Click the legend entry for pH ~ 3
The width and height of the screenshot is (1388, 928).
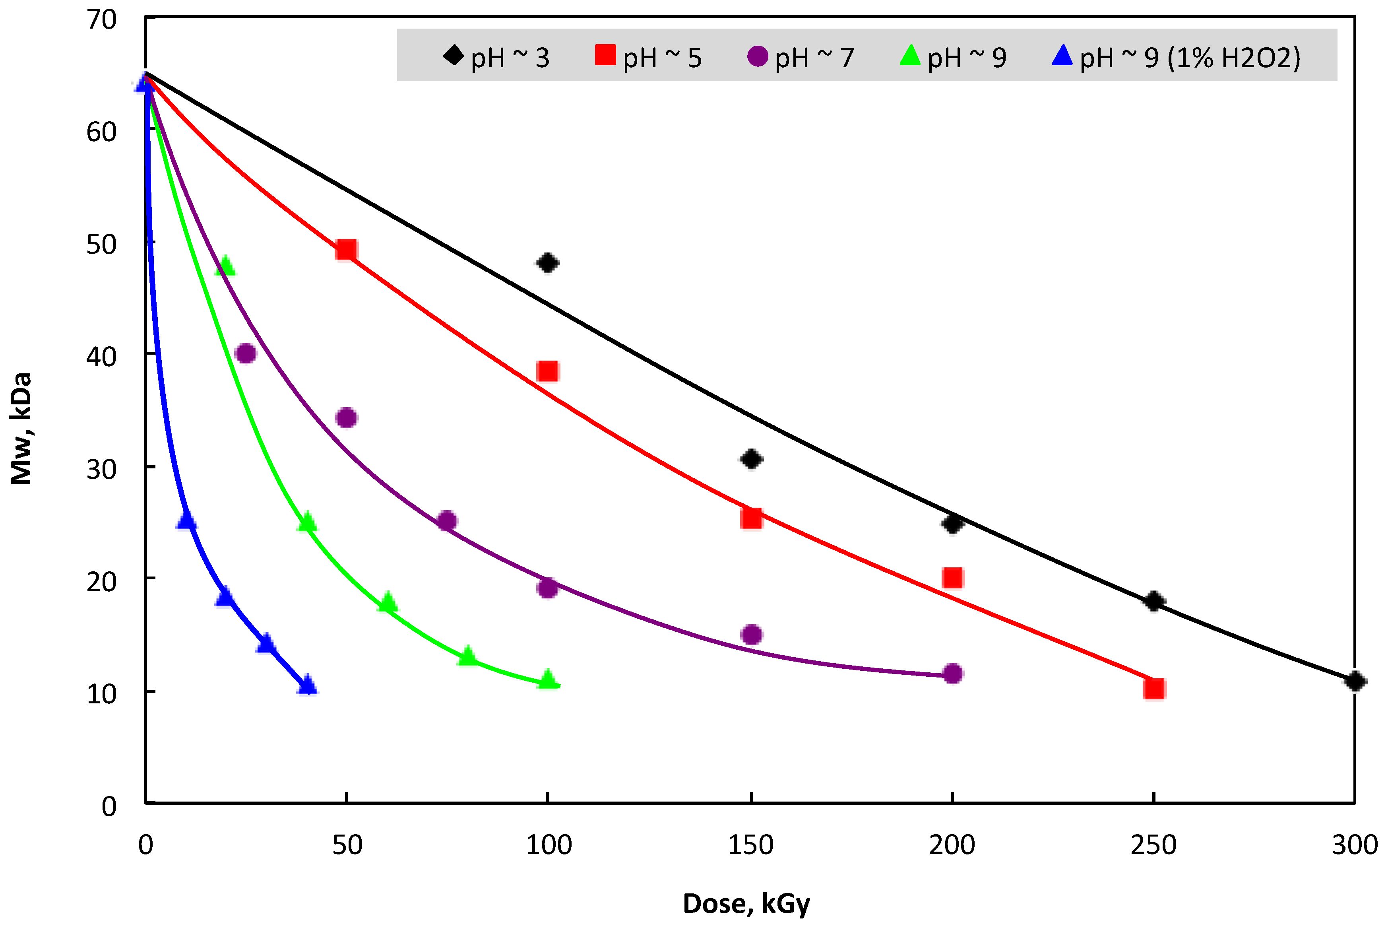click(x=497, y=57)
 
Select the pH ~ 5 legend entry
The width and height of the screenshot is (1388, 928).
click(x=649, y=57)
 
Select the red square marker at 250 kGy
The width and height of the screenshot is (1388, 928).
click(x=1154, y=688)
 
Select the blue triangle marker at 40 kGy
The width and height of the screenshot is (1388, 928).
click(x=307, y=685)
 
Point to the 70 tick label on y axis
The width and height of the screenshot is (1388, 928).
click(x=102, y=20)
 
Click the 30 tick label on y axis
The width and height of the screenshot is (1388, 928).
click(x=102, y=469)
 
